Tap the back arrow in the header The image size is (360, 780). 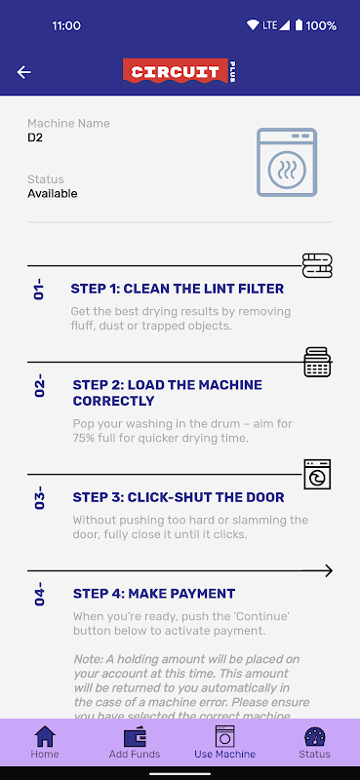pyautogui.click(x=23, y=72)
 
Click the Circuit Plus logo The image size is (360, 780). pyautogui.click(x=180, y=71)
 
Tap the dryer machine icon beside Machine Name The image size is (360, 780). pyautogui.click(x=287, y=162)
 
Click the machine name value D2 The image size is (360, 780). pyautogui.click(x=35, y=137)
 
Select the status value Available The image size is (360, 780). pyautogui.click(x=53, y=193)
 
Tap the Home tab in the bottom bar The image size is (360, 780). pyautogui.click(x=45, y=742)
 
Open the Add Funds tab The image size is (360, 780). pyautogui.click(x=135, y=742)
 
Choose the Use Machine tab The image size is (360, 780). pyautogui.click(x=224, y=742)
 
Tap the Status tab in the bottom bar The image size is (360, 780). pyautogui.click(x=315, y=742)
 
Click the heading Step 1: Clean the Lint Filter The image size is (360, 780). pyautogui.click(x=178, y=289)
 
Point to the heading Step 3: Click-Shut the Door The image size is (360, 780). pyautogui.click(x=179, y=497)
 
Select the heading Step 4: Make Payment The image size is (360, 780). pyautogui.click(x=154, y=594)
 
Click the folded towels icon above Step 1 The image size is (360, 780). pyautogui.click(x=317, y=265)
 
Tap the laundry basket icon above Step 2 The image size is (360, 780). pyautogui.click(x=317, y=362)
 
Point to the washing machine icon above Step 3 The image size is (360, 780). pyautogui.click(x=317, y=474)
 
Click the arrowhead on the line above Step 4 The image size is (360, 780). pyautogui.click(x=328, y=570)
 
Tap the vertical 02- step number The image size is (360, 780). pyautogui.click(x=39, y=388)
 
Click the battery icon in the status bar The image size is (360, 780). pyautogui.click(x=299, y=25)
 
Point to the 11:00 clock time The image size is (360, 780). pyautogui.click(x=66, y=25)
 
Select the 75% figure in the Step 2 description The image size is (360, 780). pyautogui.click(x=85, y=439)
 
